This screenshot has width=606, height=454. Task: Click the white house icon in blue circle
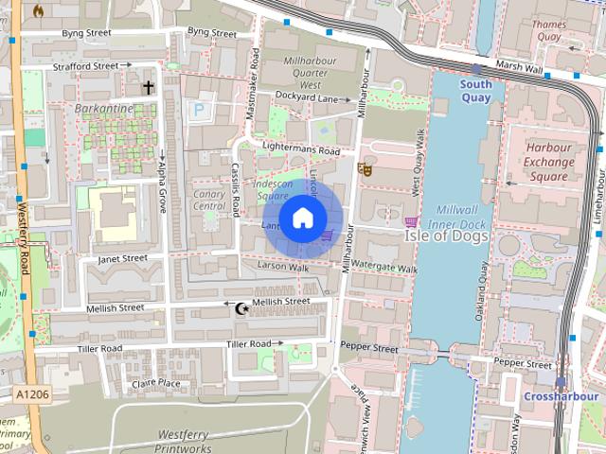point(301,218)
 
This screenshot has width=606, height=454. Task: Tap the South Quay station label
point(476,90)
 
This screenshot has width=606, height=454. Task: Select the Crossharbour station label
point(558,395)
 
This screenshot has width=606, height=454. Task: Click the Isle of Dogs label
point(446,236)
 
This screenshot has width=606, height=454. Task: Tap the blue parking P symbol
point(199,111)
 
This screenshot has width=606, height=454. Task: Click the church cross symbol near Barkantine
point(148,88)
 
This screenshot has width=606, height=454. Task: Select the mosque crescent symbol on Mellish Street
point(241,307)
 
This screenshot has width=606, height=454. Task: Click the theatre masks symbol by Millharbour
point(365,170)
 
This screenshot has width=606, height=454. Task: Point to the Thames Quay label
point(549,31)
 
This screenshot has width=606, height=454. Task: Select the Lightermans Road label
point(301,149)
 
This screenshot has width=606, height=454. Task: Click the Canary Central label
point(208,200)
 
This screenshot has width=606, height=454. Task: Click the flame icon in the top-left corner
point(38,10)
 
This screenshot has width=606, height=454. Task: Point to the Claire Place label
point(156,382)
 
